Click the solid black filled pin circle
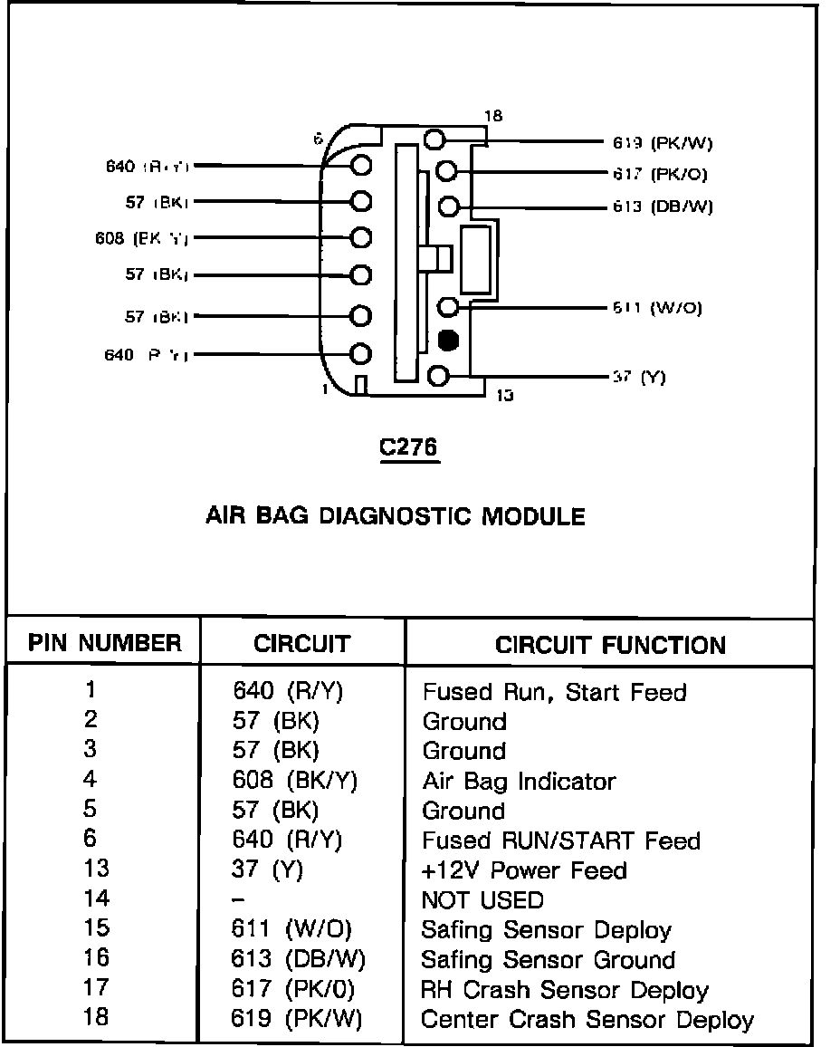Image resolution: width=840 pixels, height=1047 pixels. [x=447, y=341]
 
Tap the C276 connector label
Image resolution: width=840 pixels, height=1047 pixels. [x=409, y=448]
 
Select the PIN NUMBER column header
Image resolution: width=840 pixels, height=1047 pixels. [x=104, y=644]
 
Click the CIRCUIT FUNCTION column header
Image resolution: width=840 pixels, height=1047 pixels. [x=610, y=645]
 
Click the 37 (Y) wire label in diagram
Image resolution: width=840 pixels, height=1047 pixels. [x=639, y=377]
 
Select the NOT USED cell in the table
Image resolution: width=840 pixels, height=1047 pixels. [x=482, y=900]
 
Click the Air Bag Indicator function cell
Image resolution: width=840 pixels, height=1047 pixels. [x=519, y=781]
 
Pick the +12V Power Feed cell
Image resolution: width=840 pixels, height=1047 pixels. [x=524, y=870]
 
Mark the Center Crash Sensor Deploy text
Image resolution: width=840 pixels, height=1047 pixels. [x=587, y=1020]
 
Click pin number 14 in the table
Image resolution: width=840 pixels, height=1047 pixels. [x=95, y=898]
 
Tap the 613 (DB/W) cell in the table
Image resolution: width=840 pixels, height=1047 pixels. [x=299, y=959]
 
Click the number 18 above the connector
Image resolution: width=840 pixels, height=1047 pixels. [x=493, y=116]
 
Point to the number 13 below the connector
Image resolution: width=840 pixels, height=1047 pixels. [x=505, y=395]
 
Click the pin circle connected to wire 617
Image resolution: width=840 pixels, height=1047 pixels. [x=447, y=171]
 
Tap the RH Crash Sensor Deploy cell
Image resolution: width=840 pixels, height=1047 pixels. [x=565, y=990]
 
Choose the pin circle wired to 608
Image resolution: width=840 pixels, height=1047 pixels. [x=361, y=238]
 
